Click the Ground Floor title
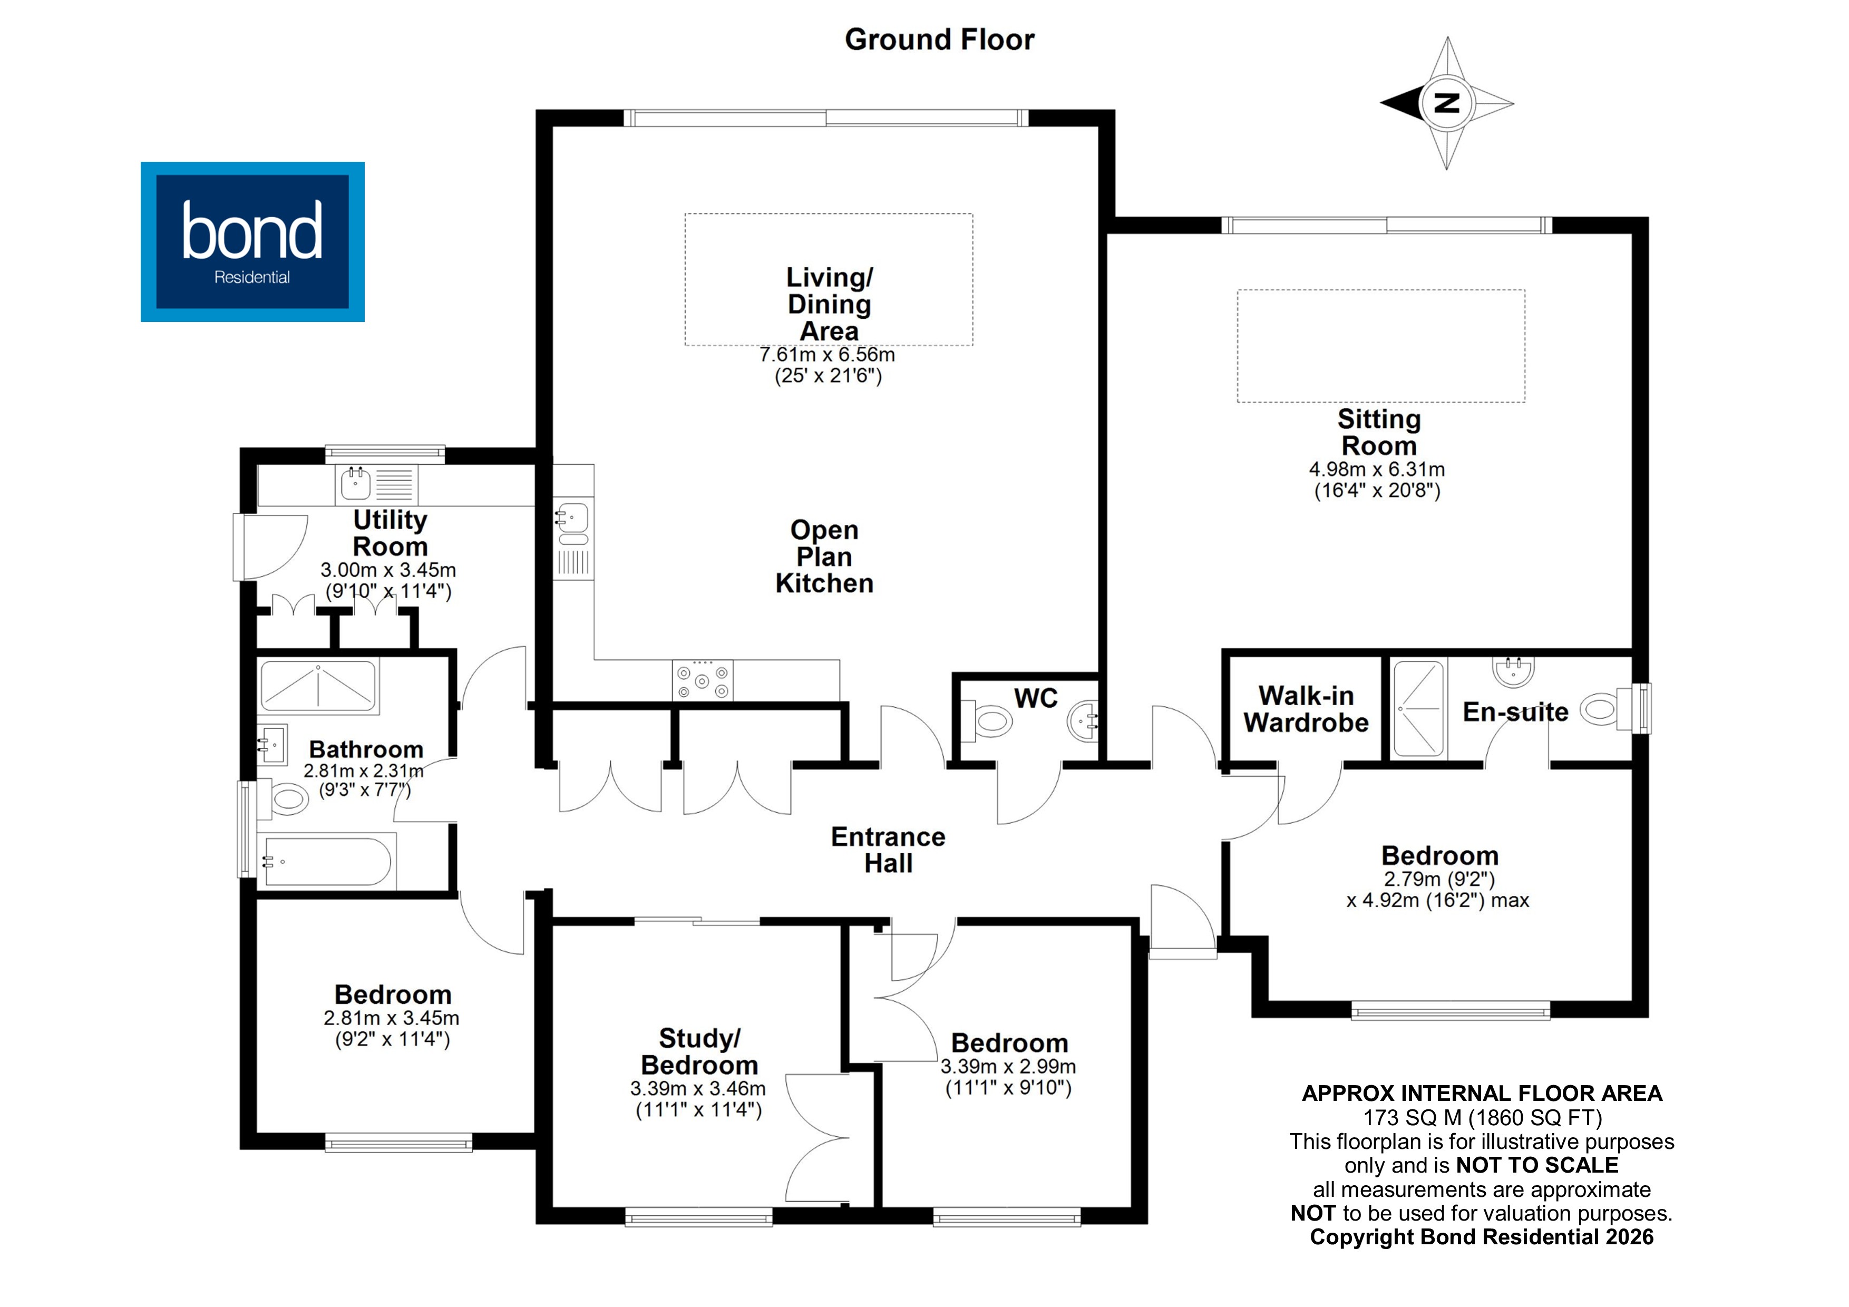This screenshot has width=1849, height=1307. (939, 40)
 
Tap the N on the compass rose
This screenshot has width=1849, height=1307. (1447, 103)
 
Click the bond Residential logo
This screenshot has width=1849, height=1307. (252, 241)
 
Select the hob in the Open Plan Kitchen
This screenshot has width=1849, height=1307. (702, 680)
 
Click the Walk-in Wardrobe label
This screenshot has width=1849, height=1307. (1306, 709)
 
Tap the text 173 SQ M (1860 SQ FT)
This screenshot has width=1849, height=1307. (1482, 1118)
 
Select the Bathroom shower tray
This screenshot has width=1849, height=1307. (318, 686)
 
